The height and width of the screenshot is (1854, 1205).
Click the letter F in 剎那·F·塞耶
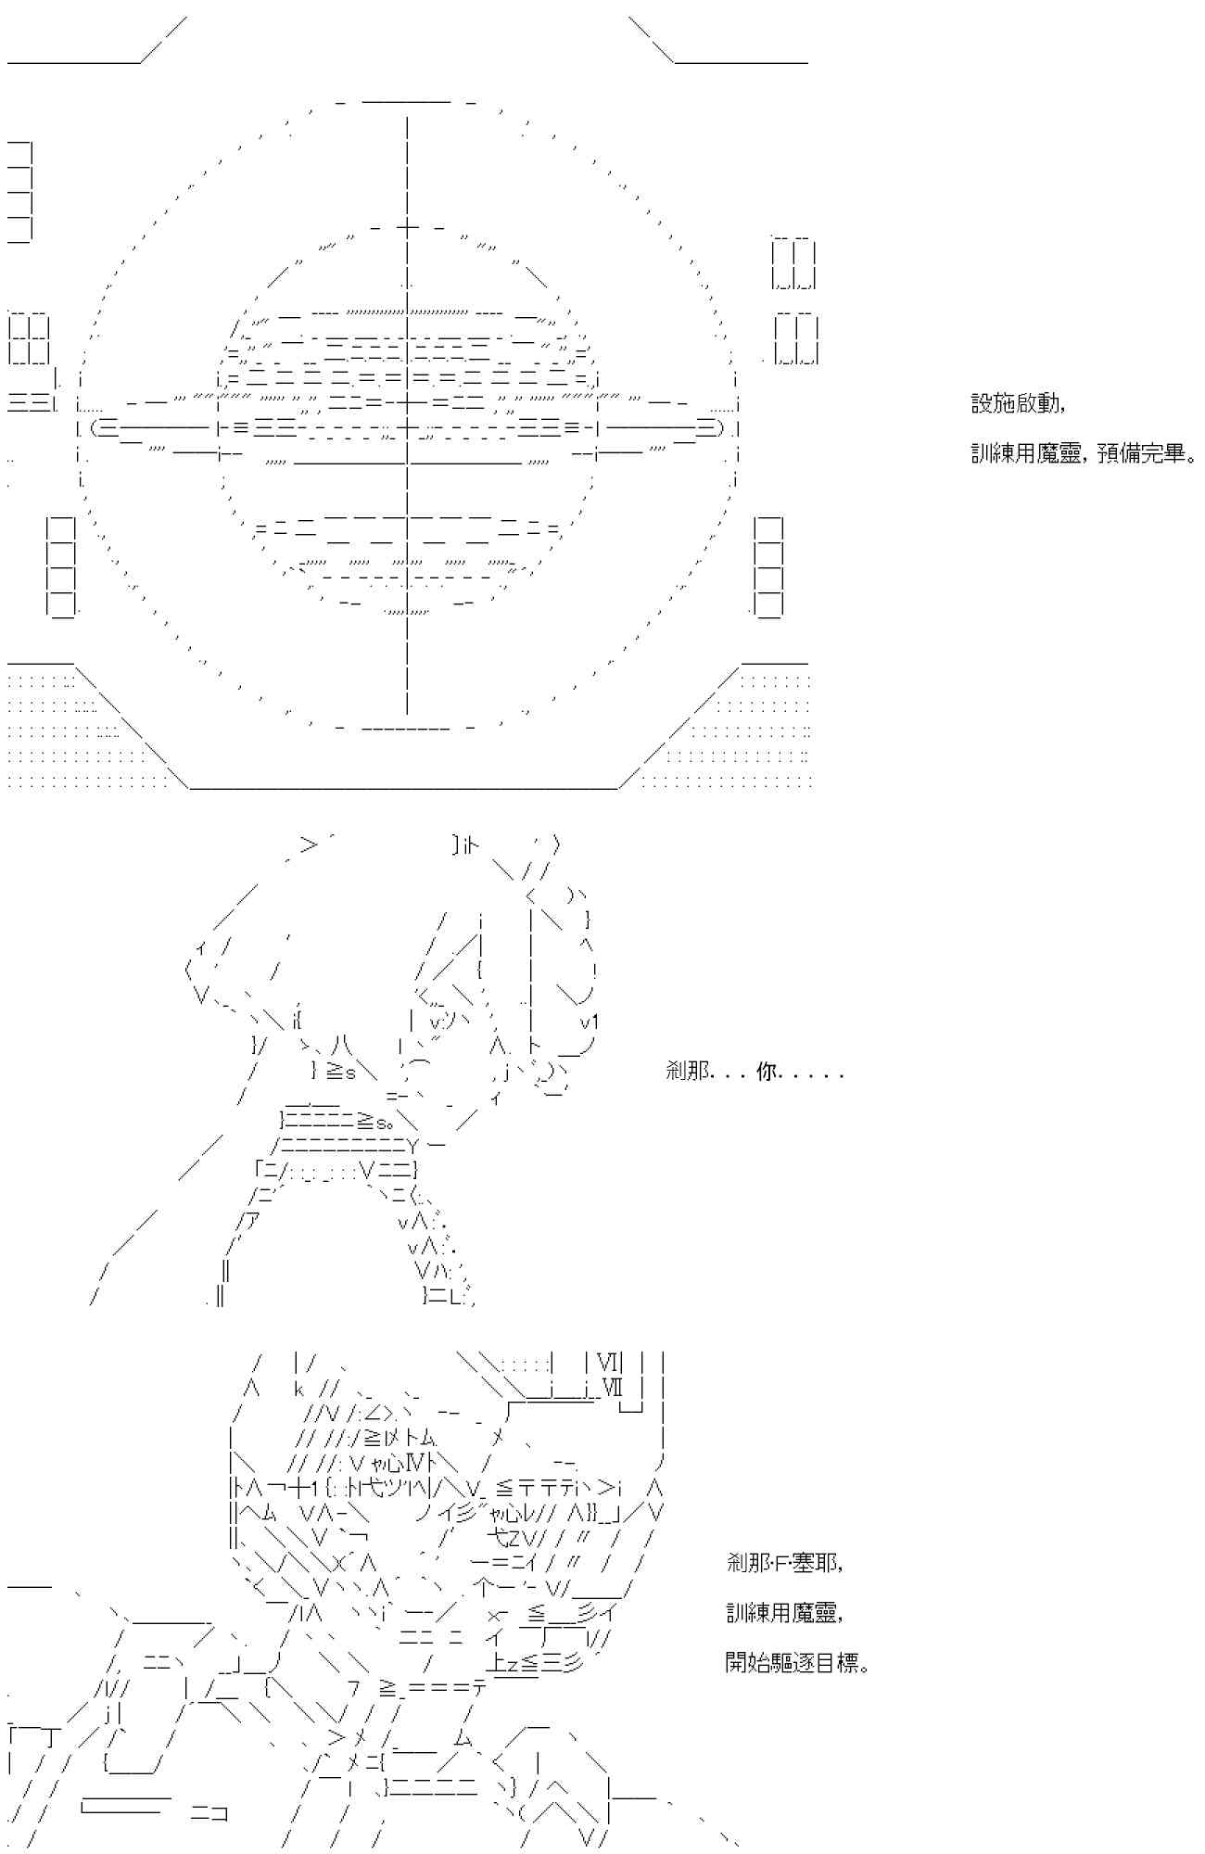[781, 1563]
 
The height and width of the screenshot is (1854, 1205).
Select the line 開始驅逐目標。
[797, 1663]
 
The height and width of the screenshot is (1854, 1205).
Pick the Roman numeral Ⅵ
[607, 1362]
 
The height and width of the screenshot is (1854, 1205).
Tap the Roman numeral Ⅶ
[613, 1388]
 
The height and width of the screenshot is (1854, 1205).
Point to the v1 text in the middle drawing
[590, 1022]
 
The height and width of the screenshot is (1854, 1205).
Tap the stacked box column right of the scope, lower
[768, 565]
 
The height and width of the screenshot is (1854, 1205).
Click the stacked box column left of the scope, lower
[61, 565]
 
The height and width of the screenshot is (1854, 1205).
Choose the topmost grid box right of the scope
[793, 263]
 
